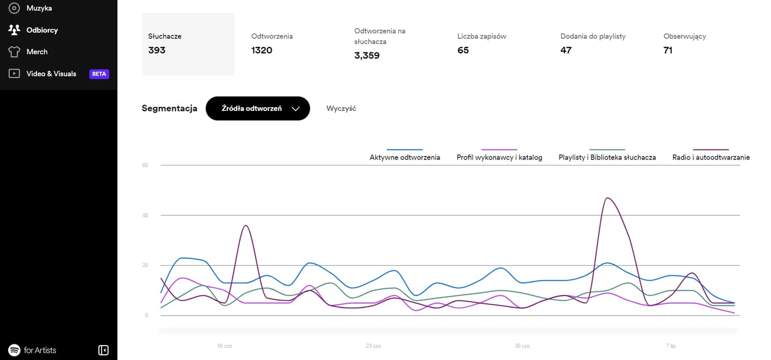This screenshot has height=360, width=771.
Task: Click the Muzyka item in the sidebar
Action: (x=39, y=9)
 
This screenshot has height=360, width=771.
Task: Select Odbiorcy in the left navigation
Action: (x=42, y=30)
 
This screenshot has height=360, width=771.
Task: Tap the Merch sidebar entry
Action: (x=36, y=52)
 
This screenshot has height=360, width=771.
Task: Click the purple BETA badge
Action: (x=99, y=74)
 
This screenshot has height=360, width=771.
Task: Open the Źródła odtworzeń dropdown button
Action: (x=258, y=108)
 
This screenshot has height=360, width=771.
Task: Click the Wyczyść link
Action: (x=341, y=108)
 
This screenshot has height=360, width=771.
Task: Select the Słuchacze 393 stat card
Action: (x=188, y=44)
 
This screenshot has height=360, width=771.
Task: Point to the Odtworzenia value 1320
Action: (x=262, y=50)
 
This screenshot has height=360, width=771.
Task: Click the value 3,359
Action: (x=367, y=55)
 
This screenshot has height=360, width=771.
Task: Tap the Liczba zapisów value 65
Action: (x=463, y=50)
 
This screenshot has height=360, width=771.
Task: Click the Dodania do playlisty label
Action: (x=593, y=36)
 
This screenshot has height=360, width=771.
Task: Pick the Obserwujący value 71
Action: (x=668, y=50)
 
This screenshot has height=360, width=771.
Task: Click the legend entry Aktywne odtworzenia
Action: (x=405, y=157)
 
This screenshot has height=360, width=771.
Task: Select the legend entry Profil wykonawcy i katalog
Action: (x=499, y=157)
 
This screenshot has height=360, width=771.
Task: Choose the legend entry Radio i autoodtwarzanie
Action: (x=710, y=157)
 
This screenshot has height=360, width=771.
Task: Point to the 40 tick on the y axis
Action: (x=145, y=215)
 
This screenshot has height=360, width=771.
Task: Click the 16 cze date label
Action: (x=225, y=346)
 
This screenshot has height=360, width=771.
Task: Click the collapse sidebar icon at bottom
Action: (x=103, y=350)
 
